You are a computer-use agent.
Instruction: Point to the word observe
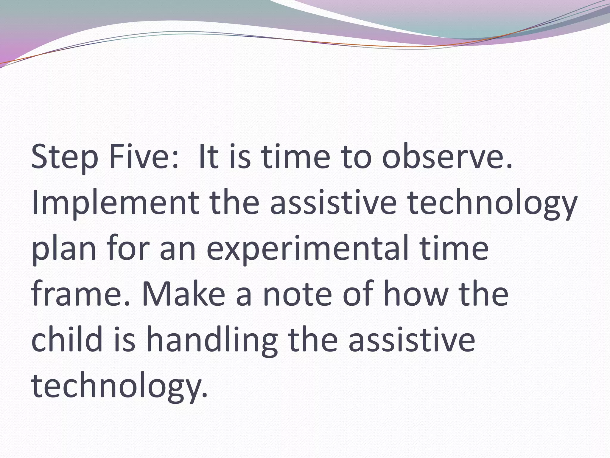(x=447, y=157)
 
